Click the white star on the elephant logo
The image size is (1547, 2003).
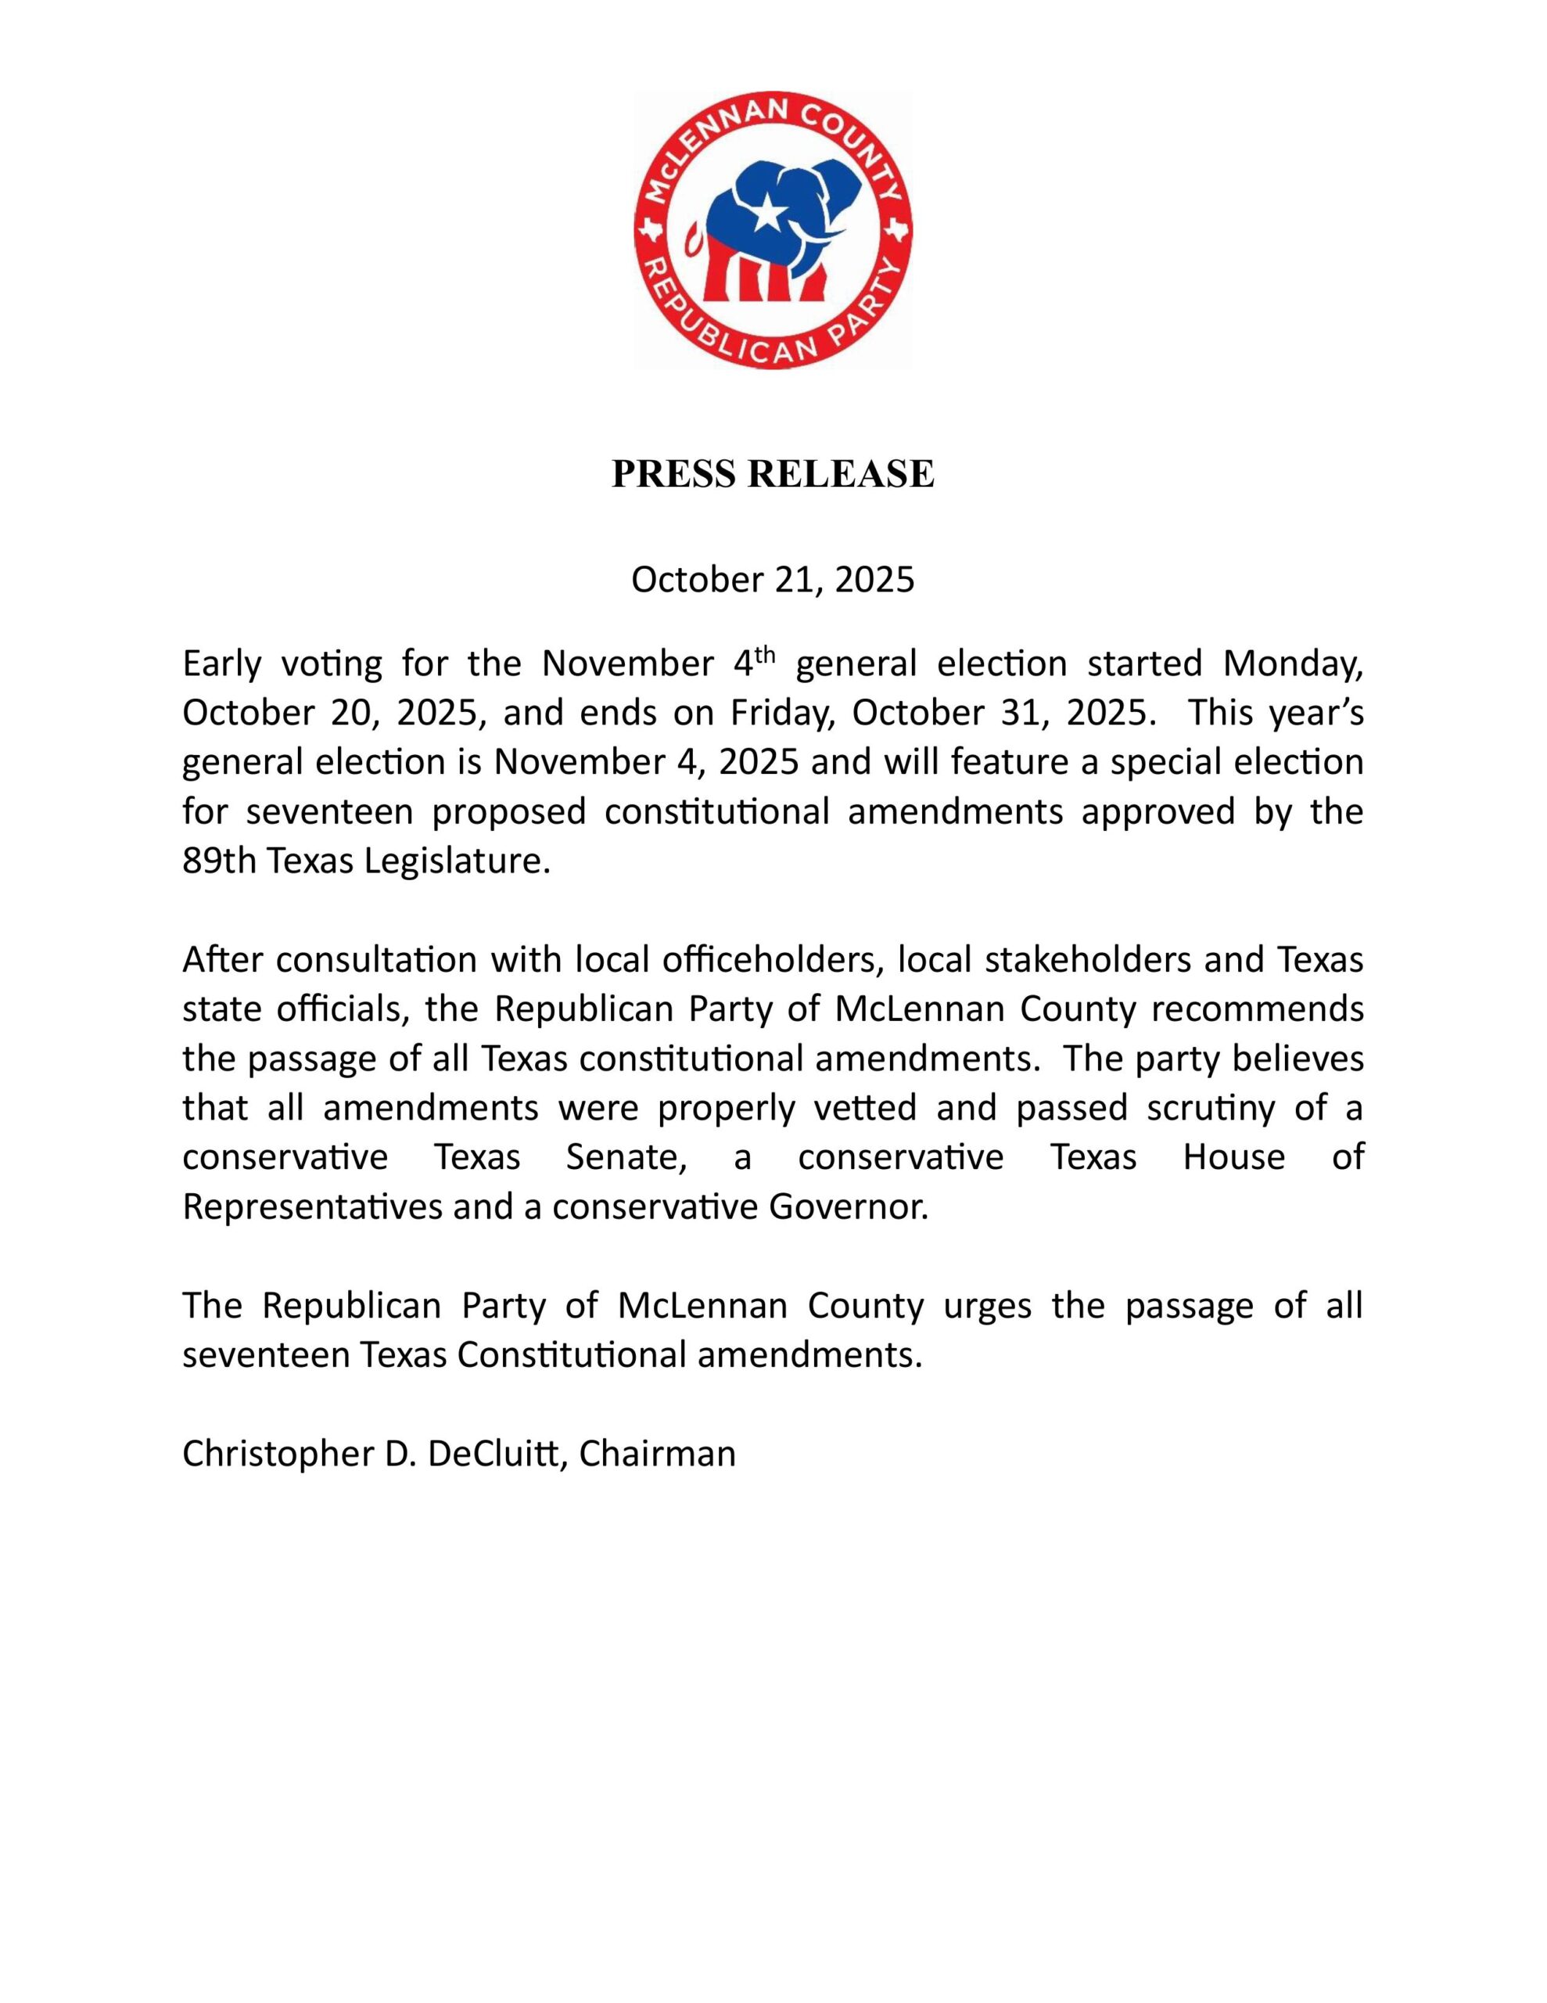(767, 217)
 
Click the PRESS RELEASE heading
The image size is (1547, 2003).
(773, 474)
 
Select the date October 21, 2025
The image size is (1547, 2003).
(773, 581)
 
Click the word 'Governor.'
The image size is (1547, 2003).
(849, 1207)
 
